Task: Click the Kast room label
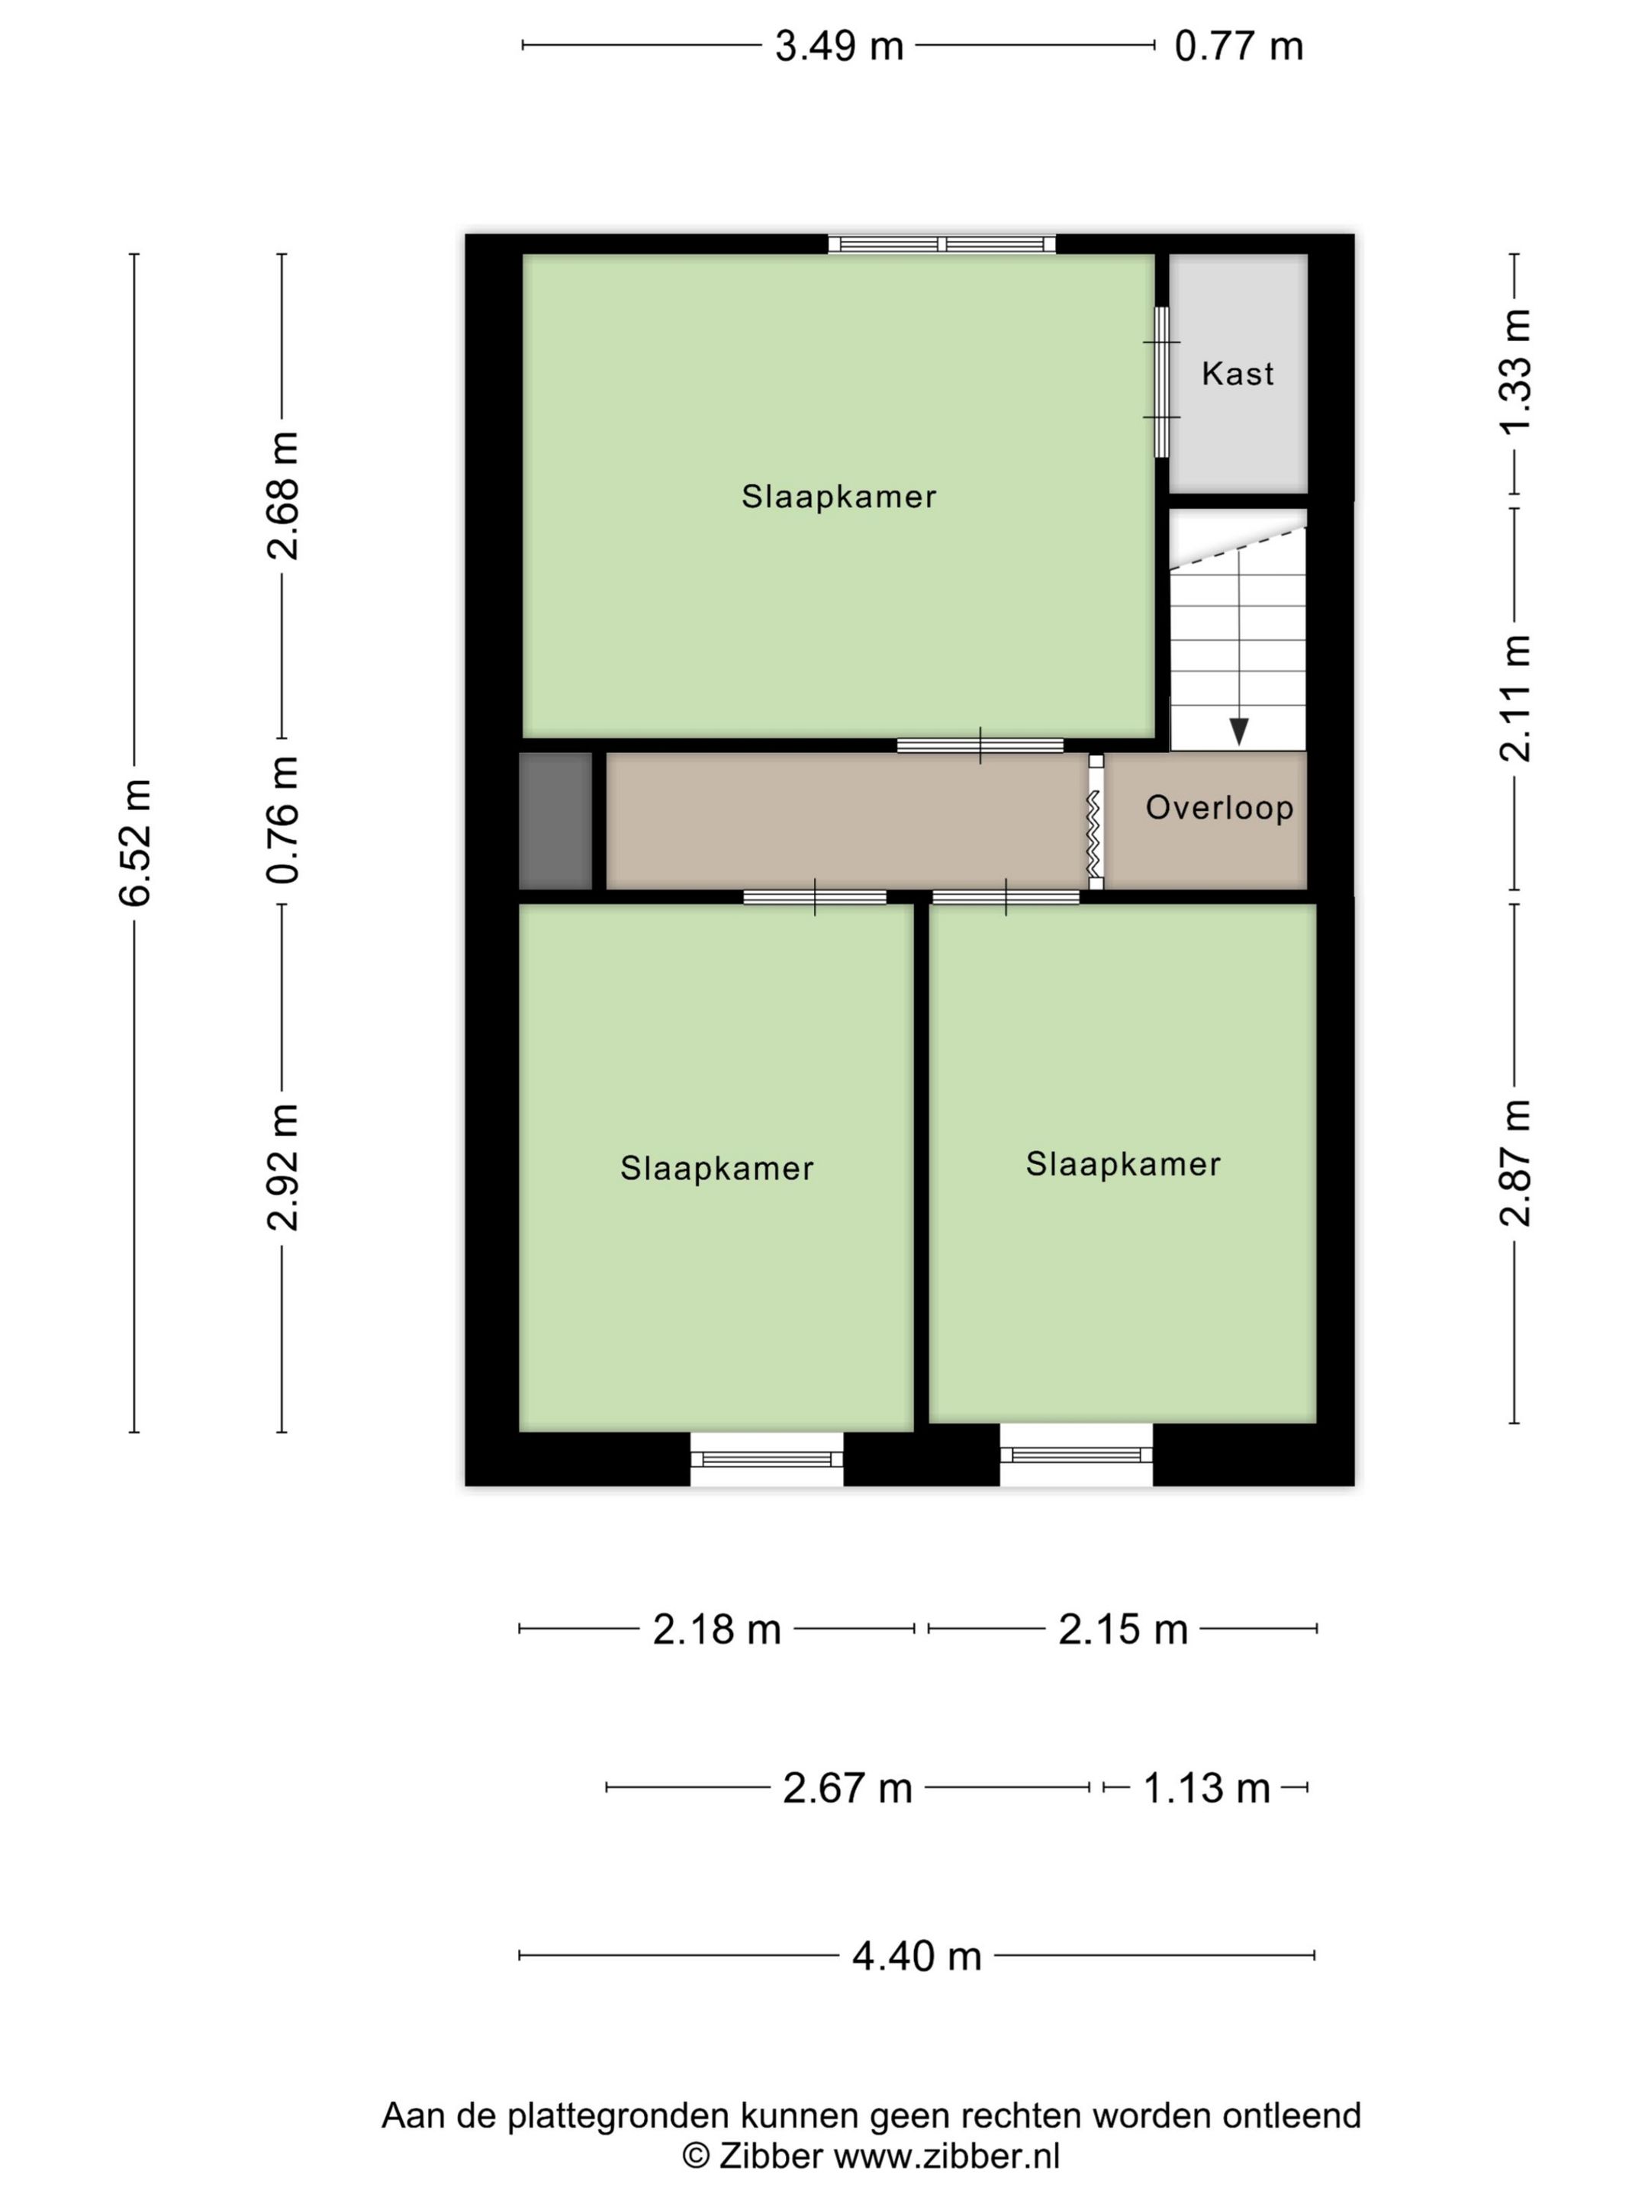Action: [1237, 374]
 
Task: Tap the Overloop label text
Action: [1219, 808]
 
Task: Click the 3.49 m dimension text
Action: [838, 46]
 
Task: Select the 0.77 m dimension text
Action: [1238, 46]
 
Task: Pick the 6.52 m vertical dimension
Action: [135, 842]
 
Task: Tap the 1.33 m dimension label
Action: [1515, 372]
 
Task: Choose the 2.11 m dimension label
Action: [1515, 698]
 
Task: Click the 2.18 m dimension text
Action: [716, 1629]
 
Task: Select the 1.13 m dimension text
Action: [1206, 1788]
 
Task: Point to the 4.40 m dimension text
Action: [916, 1956]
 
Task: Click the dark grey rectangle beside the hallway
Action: [555, 820]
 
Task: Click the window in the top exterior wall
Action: [941, 244]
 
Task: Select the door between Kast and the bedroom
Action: [1160, 381]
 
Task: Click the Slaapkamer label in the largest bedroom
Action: [838, 497]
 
